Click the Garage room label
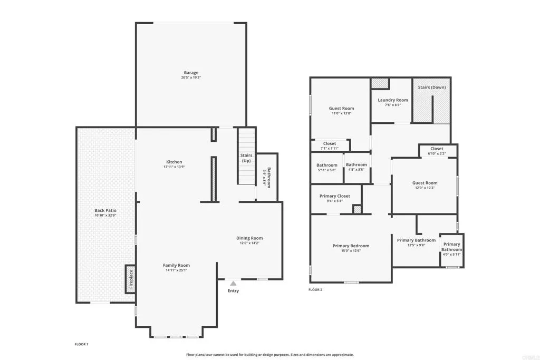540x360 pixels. tap(191, 73)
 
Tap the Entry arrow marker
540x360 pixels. tap(233, 284)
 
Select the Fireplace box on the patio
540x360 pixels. tap(130, 279)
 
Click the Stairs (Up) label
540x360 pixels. tap(246, 158)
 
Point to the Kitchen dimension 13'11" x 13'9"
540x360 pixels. tap(174, 167)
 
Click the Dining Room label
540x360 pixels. tap(249, 238)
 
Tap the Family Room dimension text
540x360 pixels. tap(176, 270)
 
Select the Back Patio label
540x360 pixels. tap(105, 210)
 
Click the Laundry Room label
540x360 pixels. tap(393, 100)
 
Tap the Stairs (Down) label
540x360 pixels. tap(432, 87)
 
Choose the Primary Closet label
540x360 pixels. tap(334, 196)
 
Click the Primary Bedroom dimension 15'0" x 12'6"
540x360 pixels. tap(351, 251)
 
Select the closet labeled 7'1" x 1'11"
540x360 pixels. tap(330, 146)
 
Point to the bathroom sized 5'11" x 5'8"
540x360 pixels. tap(327, 168)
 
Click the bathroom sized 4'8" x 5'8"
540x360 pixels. tap(356, 168)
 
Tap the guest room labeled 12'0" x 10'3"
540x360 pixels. tap(425, 186)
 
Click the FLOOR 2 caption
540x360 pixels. tap(315, 290)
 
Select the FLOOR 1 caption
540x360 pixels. tap(82, 344)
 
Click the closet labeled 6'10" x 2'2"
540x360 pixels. tap(437, 151)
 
